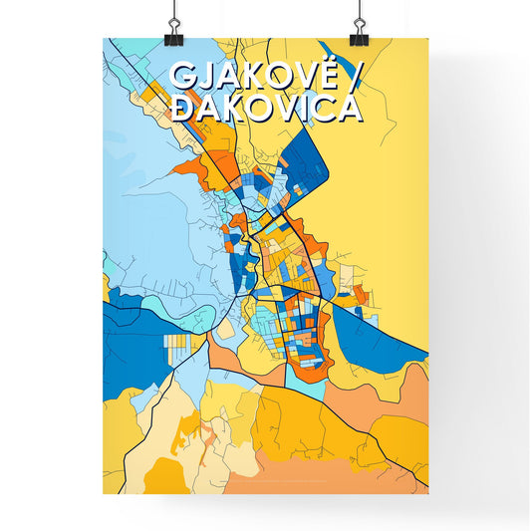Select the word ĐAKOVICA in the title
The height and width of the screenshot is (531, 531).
pos(265,107)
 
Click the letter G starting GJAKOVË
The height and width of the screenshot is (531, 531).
pos(183,77)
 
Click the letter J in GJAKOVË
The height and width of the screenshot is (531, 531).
pos(205,77)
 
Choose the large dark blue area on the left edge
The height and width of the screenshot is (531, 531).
pos(134,329)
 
